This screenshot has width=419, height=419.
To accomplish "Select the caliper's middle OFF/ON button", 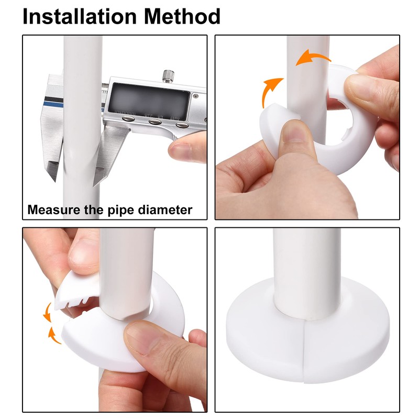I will pyautogui.click(x=155, y=122).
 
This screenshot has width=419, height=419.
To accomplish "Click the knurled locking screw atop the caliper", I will pyautogui.click(x=168, y=75).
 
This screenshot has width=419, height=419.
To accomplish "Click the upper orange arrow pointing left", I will pyautogui.click(x=312, y=58).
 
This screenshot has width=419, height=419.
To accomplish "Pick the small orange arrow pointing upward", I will pyautogui.click(x=52, y=333).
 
